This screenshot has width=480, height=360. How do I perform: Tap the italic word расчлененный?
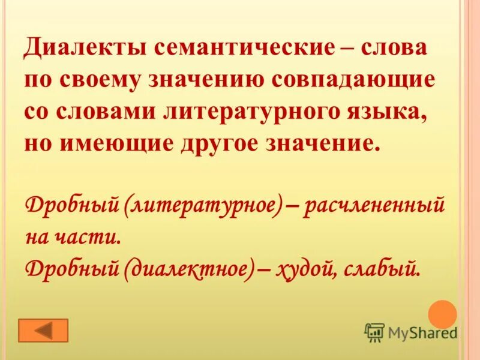[374, 206]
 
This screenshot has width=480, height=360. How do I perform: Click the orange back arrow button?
[44, 331]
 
